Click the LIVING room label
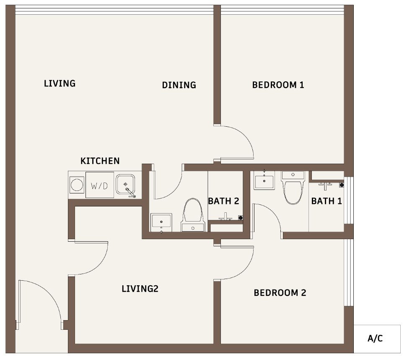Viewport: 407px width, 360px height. pyautogui.click(x=60, y=83)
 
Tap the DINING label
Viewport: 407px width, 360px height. pyautogui.click(x=179, y=85)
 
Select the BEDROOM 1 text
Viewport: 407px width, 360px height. pyautogui.click(x=278, y=85)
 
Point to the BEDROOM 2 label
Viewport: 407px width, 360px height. pyautogui.click(x=280, y=293)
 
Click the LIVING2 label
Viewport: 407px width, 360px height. pyautogui.click(x=140, y=289)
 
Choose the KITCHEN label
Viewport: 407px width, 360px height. pyautogui.click(x=100, y=161)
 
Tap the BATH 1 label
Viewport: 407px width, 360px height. pyautogui.click(x=326, y=201)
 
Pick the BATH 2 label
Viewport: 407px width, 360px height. pyautogui.click(x=223, y=201)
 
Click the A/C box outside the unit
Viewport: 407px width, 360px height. pyautogui.click(x=377, y=339)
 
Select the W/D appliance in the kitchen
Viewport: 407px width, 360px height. pyautogui.click(x=100, y=185)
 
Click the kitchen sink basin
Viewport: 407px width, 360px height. pyautogui.click(x=125, y=184)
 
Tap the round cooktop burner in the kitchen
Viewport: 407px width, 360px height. pyautogui.click(x=77, y=185)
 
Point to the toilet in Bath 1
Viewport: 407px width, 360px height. pyautogui.click(x=293, y=188)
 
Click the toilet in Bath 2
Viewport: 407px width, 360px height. pyautogui.click(x=193, y=215)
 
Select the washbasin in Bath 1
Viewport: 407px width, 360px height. pyautogui.click(x=264, y=181)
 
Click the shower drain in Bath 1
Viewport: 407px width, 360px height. pyautogui.click(x=342, y=185)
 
